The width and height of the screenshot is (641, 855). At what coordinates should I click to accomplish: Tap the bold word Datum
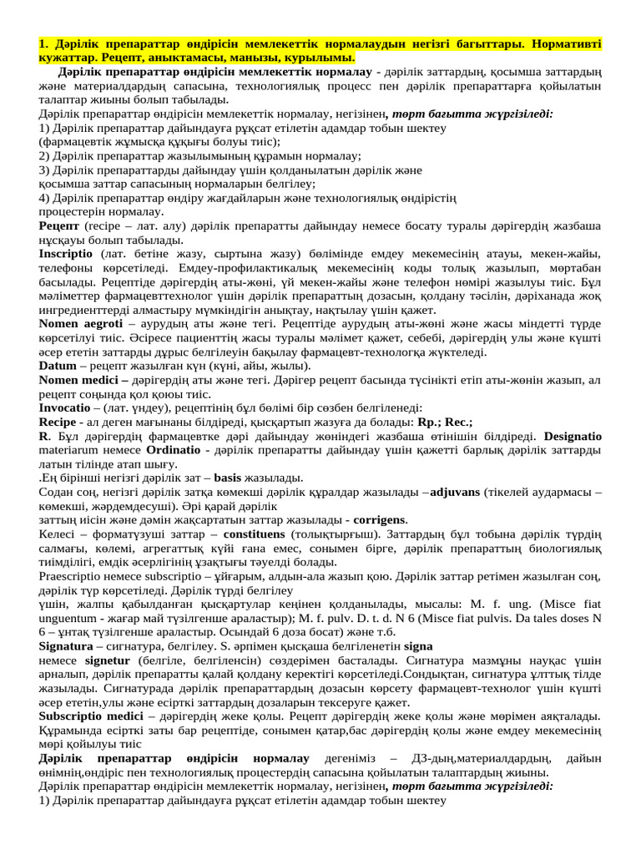(x=58, y=366)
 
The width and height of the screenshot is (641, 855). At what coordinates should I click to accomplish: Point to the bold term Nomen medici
(x=78, y=380)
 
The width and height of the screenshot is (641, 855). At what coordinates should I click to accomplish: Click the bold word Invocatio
(x=68, y=407)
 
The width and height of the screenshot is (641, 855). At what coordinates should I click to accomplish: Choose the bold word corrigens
(x=381, y=520)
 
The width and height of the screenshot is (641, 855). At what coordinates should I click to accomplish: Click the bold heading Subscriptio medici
(x=91, y=716)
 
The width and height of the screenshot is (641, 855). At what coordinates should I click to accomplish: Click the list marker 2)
(x=45, y=155)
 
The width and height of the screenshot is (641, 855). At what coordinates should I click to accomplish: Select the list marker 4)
(x=45, y=198)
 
